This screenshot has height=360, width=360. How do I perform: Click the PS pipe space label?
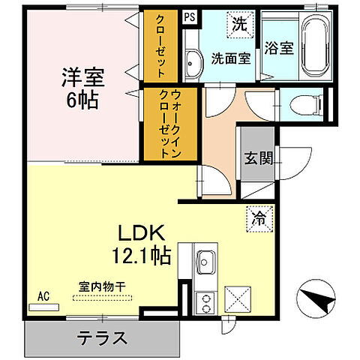[190, 17]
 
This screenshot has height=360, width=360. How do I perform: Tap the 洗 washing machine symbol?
[240, 25]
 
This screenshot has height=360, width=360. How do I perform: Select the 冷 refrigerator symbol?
[259, 219]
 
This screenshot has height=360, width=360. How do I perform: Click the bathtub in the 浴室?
[315, 46]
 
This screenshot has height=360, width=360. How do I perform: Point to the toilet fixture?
[306, 106]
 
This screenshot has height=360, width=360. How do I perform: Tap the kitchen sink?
[206, 262]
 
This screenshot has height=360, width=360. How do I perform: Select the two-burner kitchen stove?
[205, 303]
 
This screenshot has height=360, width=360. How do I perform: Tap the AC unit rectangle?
[44, 307]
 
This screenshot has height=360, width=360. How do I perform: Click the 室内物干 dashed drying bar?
[102, 298]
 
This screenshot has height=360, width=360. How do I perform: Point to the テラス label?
[102, 337]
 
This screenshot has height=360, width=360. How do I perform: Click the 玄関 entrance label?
[259, 158]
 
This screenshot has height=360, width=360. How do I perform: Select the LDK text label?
[142, 232]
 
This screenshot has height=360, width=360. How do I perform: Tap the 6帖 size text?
[82, 100]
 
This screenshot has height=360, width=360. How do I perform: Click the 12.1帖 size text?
[142, 256]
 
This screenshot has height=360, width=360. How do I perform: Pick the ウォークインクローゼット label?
[170, 124]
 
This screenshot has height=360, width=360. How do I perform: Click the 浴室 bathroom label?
[279, 48]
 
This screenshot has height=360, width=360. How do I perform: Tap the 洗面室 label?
[231, 58]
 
